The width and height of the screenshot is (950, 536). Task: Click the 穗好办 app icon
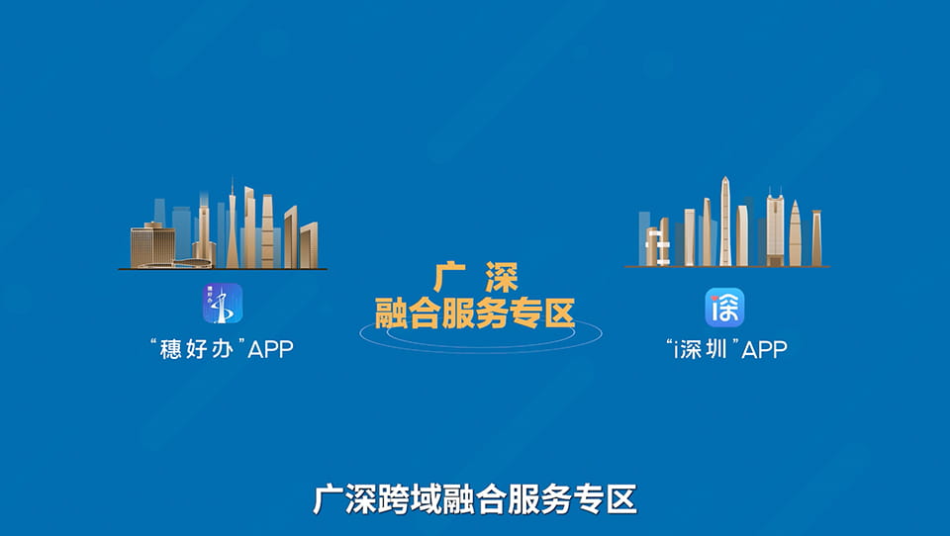tap(223, 304)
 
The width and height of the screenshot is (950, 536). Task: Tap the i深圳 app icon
tap(724, 308)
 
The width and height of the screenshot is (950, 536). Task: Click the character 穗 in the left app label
tap(171, 349)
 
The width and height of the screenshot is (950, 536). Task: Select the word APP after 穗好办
tap(270, 349)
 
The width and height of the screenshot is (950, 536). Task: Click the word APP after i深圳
tap(764, 349)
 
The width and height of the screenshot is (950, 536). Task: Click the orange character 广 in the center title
tap(447, 276)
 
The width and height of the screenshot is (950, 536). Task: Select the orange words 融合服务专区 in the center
tap(475, 314)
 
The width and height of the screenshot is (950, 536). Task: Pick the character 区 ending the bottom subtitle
tap(621, 498)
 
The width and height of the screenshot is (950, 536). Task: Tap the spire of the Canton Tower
tap(233, 190)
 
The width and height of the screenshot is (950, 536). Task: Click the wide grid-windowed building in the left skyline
tap(152, 243)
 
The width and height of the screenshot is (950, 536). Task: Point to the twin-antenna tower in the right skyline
tap(774, 227)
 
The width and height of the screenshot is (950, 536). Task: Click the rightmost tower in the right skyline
tap(816, 237)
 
